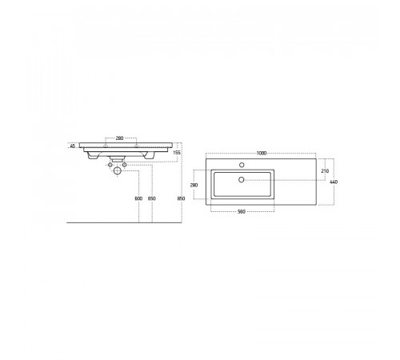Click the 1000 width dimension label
(x=262, y=153)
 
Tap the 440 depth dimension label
(x=334, y=182)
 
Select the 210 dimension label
(x=325, y=171)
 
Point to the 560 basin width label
(x=241, y=211)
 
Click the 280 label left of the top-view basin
(x=194, y=185)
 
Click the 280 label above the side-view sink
(x=119, y=138)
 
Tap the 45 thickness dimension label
(x=72, y=146)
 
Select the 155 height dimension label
(x=177, y=153)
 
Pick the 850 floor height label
(x=181, y=198)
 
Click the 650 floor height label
(x=151, y=198)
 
